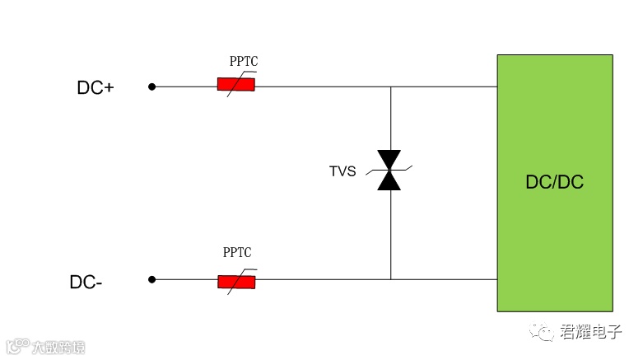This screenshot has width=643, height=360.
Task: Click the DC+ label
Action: tap(96, 87)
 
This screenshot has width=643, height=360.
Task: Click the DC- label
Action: tap(86, 282)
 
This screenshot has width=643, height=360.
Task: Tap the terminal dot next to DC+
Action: tap(151, 86)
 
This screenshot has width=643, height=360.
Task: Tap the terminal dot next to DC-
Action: tap(151, 279)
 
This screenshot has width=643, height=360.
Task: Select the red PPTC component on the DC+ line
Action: tap(235, 84)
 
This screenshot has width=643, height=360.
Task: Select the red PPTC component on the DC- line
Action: tap(235, 281)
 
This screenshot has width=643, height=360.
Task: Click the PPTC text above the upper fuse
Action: tap(244, 62)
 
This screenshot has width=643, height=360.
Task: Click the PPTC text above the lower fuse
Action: tap(237, 253)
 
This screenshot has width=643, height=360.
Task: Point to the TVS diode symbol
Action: tap(389, 171)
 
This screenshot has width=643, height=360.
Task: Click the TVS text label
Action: tap(342, 171)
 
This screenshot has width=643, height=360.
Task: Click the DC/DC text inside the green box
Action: tap(554, 182)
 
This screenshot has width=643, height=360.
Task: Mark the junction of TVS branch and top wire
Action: tap(390, 86)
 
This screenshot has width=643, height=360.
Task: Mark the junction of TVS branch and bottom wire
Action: tap(390, 279)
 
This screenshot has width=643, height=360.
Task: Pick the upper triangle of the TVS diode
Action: tap(389, 160)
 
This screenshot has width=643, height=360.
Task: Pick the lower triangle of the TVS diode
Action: tap(389, 181)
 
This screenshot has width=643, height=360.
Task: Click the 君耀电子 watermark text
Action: tap(591, 332)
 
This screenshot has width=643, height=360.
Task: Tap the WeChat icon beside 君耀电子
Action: tap(543, 331)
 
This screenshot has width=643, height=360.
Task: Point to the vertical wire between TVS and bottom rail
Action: tap(390, 235)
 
